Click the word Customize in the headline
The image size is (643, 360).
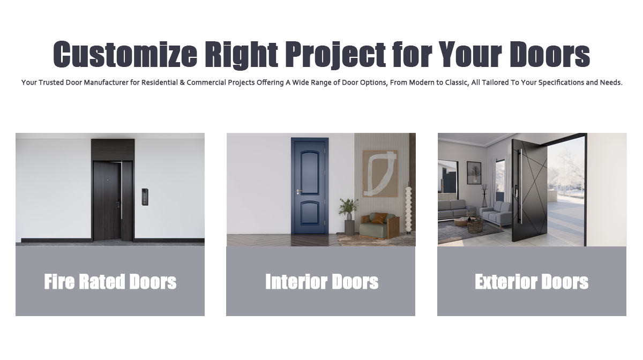click(x=125, y=54)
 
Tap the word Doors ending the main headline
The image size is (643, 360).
click(x=550, y=54)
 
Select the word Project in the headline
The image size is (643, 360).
click(x=335, y=55)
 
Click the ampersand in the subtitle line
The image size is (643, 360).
click(x=182, y=82)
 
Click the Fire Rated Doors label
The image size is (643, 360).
click(x=110, y=282)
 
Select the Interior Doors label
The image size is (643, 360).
click(x=322, y=282)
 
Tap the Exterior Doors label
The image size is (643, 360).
click(x=532, y=282)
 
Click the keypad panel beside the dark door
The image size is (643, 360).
click(x=145, y=197)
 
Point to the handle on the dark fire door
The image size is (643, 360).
click(x=118, y=203)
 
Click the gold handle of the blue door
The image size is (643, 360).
click(x=299, y=191)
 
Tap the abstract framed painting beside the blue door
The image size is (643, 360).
click(x=380, y=174)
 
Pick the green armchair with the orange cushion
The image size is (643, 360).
click(x=379, y=226)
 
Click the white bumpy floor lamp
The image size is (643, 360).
click(x=408, y=209)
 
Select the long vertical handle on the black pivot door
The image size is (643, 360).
click(x=520, y=186)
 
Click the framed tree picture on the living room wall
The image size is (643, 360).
click(x=474, y=172)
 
